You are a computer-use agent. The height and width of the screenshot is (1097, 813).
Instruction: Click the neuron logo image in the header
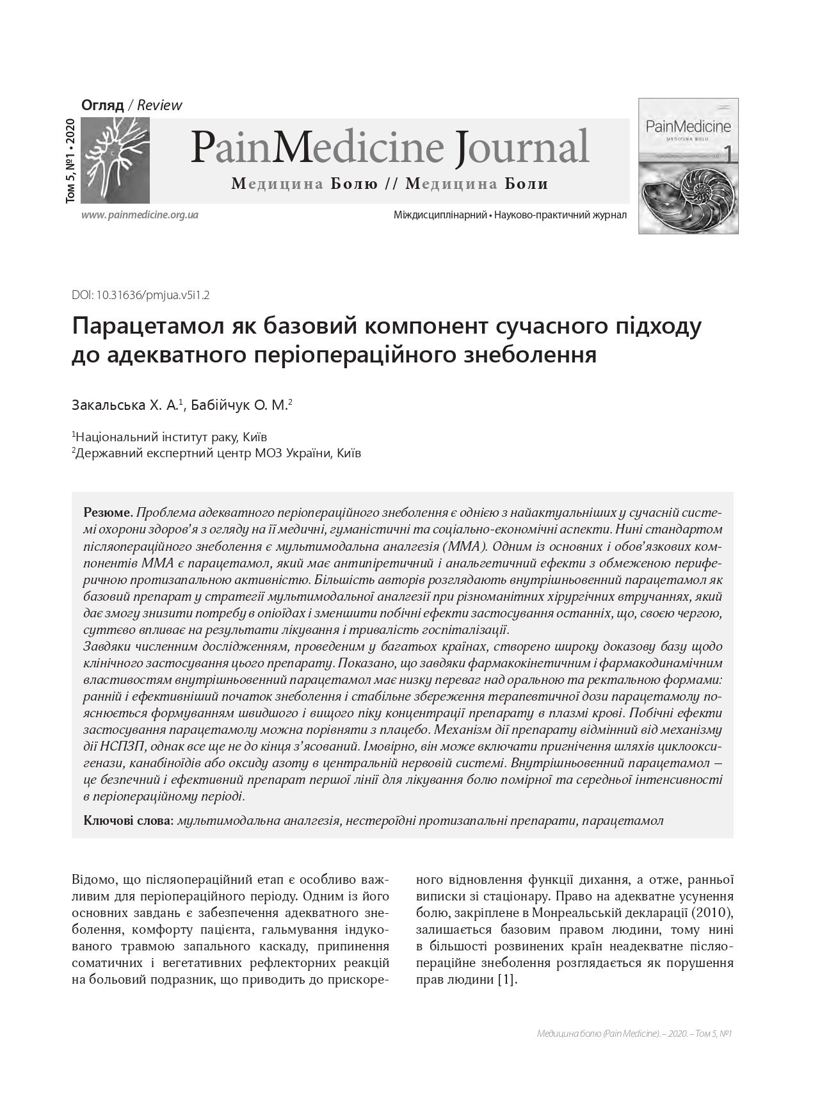[x=116, y=160]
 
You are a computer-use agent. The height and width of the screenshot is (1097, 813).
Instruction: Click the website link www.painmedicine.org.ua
[x=140, y=215]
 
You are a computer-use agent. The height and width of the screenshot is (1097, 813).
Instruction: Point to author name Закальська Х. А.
[x=127, y=405]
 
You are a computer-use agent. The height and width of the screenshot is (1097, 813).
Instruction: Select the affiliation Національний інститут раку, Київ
[x=170, y=437]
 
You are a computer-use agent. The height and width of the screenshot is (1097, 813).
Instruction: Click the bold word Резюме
[x=107, y=513]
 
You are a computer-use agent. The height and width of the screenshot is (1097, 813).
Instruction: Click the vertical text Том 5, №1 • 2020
[x=70, y=161]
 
